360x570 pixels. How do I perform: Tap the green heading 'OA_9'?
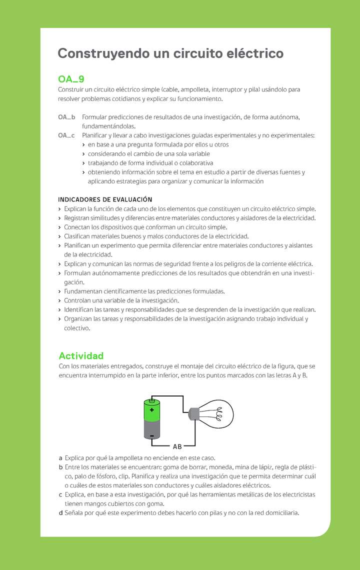pyautogui.click(x=71, y=79)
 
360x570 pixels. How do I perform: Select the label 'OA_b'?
pyautogui.click(x=66, y=117)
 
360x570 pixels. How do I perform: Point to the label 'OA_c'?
pyautogui.click(x=66, y=135)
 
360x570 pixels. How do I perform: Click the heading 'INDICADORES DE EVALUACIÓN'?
pyautogui.click(x=105, y=199)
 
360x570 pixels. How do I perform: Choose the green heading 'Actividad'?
pyautogui.click(x=81, y=355)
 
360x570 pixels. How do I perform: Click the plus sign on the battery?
pyautogui.click(x=151, y=410)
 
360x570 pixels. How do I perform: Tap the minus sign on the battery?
pyautogui.click(x=151, y=436)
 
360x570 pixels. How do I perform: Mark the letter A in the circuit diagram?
pyautogui.click(x=175, y=446)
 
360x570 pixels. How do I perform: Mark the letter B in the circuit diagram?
pyautogui.click(x=180, y=446)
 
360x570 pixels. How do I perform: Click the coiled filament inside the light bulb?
pyautogui.click(x=218, y=414)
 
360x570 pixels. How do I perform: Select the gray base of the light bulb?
pyautogui.click(x=193, y=413)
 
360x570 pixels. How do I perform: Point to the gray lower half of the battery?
pyautogui.click(x=151, y=429)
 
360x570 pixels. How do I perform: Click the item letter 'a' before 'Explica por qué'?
pyautogui.click(x=60, y=458)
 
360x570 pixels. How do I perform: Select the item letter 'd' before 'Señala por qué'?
pyautogui.click(x=60, y=512)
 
